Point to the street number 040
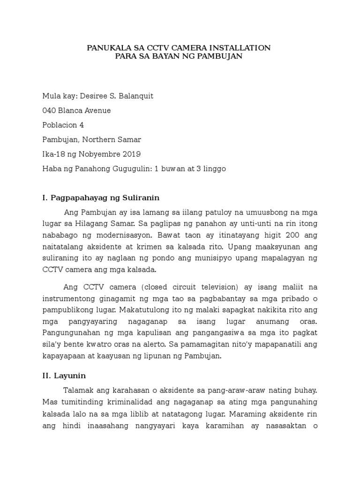pyautogui.click(x=49, y=111)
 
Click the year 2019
pyautogui.click(x=130, y=154)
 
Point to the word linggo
pyautogui.click(x=213, y=169)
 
